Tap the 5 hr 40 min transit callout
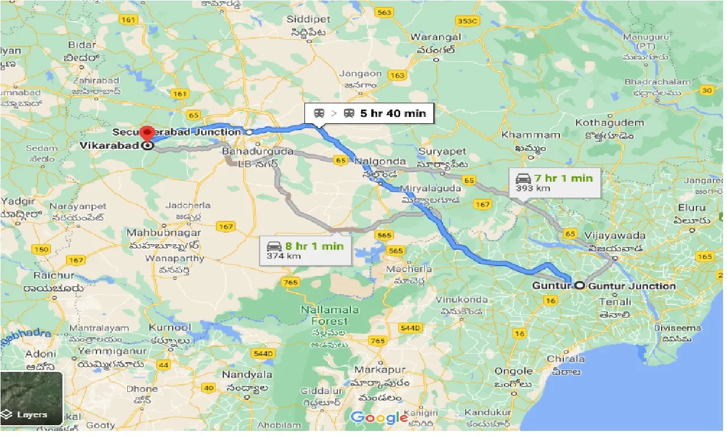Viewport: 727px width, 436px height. click(x=370, y=113)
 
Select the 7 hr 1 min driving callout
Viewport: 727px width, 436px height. click(x=554, y=182)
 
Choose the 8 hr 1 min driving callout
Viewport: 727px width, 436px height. click(x=306, y=250)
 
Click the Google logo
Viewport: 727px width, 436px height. click(x=379, y=418)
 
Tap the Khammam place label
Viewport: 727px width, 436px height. click(x=523, y=135)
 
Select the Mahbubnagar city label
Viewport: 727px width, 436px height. click(x=156, y=233)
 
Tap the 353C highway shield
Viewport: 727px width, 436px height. click(x=469, y=21)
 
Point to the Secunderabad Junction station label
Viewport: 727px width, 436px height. click(x=176, y=132)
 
